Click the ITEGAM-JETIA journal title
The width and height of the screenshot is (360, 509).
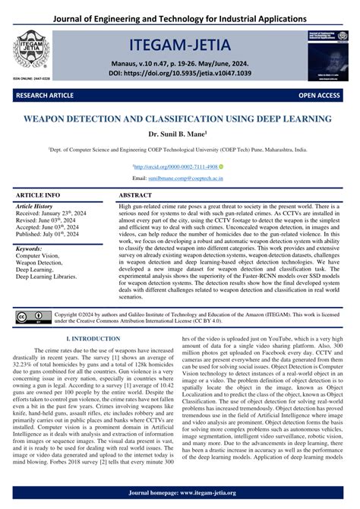point(179,36)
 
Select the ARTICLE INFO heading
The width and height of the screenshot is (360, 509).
point(39,195)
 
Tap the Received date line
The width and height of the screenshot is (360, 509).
point(52,214)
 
